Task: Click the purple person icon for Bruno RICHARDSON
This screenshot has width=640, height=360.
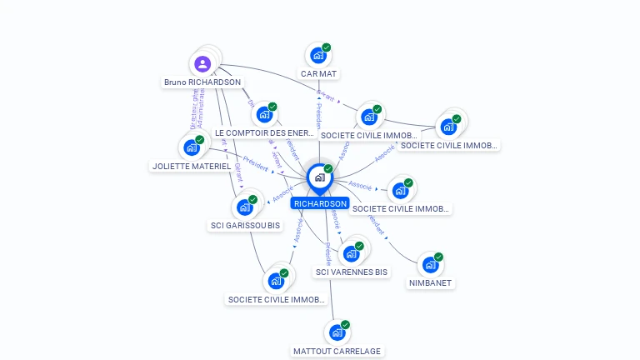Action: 202,63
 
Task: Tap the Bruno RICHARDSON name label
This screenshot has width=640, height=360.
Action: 202,82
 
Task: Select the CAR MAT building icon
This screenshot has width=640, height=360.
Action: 317,56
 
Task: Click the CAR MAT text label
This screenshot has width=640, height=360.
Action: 318,74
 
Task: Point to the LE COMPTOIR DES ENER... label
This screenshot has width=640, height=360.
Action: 264,132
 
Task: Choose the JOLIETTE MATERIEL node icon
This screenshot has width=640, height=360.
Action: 191,148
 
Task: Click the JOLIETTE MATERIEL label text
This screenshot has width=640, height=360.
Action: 192,167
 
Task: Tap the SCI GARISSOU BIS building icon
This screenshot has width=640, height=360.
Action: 244,207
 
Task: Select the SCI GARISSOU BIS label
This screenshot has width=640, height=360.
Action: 244,226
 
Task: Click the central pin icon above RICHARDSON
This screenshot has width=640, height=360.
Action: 319,177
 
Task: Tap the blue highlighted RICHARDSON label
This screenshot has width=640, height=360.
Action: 320,203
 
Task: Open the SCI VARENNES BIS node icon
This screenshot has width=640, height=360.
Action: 350,253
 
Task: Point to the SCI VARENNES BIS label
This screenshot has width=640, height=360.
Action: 352,272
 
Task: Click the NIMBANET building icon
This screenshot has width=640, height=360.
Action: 429,265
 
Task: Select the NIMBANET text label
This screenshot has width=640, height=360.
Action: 431,283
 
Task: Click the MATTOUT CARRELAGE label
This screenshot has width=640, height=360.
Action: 337,352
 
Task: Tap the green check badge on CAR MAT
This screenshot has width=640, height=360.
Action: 327,47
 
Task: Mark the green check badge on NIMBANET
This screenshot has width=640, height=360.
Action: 438,257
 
